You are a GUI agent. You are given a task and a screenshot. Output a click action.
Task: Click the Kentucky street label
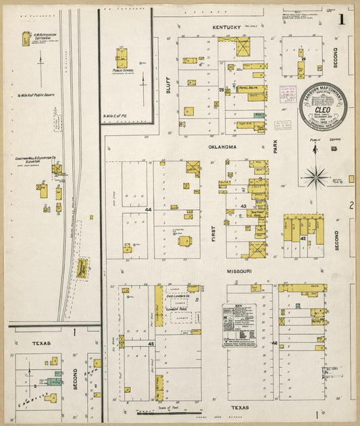click(226, 27)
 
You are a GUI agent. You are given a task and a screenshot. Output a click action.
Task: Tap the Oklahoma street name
click(222, 147)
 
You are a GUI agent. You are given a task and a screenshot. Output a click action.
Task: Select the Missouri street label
click(238, 271)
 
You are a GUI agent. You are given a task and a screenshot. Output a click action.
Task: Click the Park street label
click(276, 146)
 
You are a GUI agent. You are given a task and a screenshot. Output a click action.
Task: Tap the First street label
click(212, 234)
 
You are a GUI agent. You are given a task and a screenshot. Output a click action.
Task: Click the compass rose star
click(315, 178)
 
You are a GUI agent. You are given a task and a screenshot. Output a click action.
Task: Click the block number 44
click(148, 210)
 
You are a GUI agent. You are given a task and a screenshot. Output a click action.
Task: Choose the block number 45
click(151, 344)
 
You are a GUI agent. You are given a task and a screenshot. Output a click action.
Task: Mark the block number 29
click(303, 59)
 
